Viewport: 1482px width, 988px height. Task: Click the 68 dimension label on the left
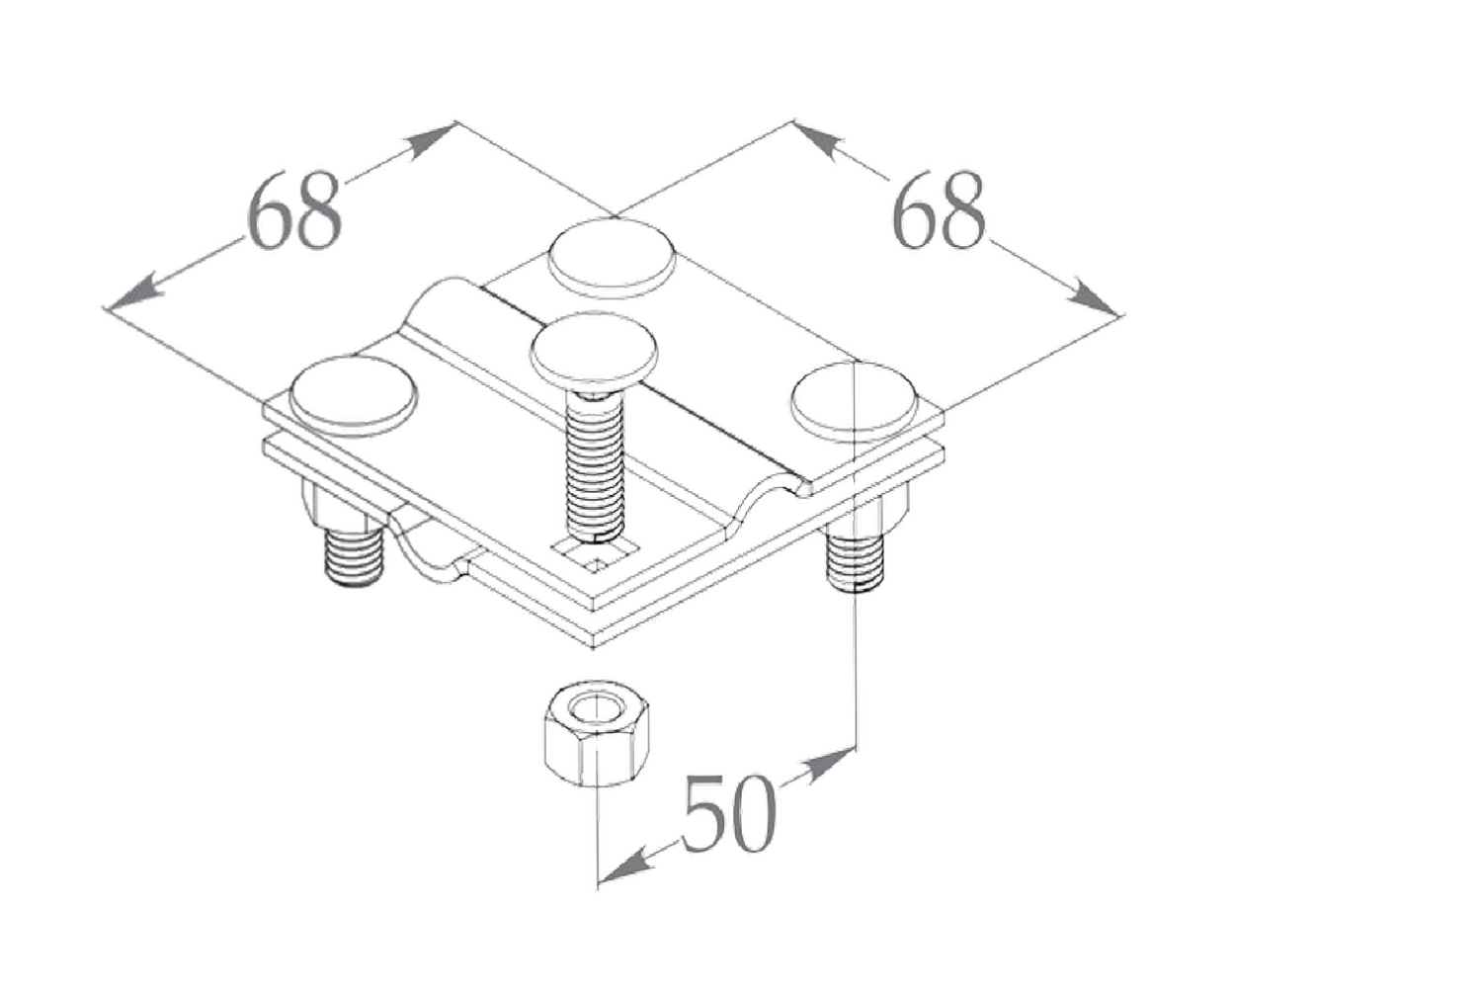click(295, 210)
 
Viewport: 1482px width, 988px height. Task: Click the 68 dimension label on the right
click(939, 210)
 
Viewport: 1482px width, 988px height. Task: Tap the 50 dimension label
click(728, 813)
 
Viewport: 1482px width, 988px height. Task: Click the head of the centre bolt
click(594, 347)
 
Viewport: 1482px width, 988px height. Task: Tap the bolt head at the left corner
click(356, 395)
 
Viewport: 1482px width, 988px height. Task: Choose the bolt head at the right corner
click(856, 402)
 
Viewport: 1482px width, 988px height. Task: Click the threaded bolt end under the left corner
click(353, 556)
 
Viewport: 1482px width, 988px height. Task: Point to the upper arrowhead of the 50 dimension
click(827, 763)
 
